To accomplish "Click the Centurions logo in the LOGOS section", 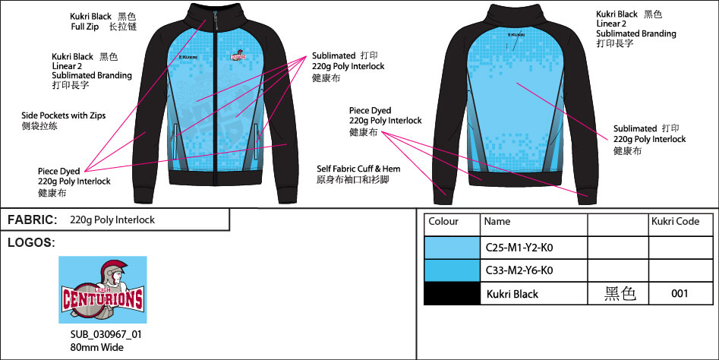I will pos(102,289).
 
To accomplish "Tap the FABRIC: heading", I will pos(33,219).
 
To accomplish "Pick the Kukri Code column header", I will pos(675,222).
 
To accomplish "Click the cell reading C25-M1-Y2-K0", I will pos(525,248).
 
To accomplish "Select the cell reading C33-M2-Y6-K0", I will pos(525,270).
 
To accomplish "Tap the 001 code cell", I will pos(680,294).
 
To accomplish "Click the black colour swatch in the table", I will pos(452,294).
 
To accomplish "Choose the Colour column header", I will pos(443,222).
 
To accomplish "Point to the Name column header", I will pos(497,222).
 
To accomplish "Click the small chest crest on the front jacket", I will pos(238,55).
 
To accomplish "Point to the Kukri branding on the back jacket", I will pos(515,34).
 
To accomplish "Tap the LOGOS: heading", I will pos(31,243).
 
